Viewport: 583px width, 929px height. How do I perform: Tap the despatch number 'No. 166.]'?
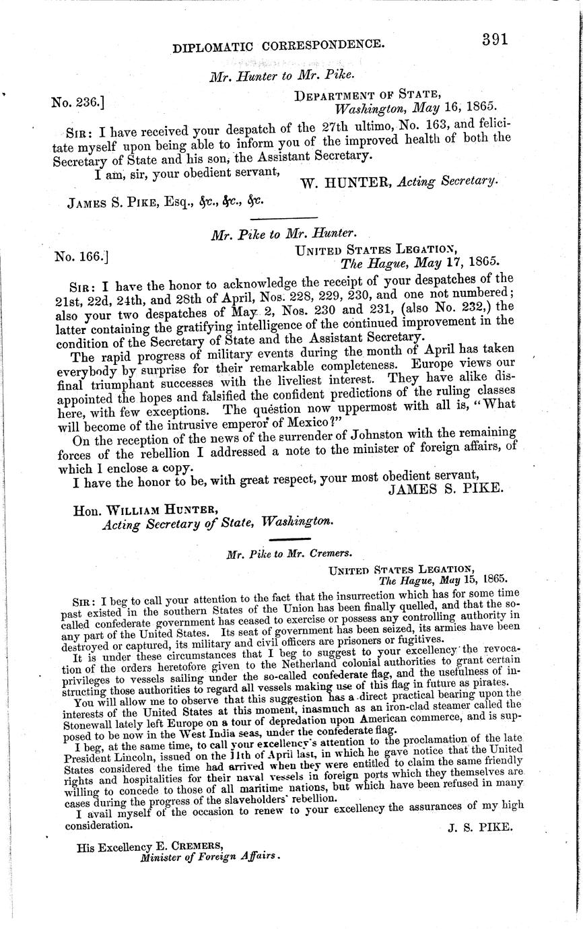click(x=79, y=256)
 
